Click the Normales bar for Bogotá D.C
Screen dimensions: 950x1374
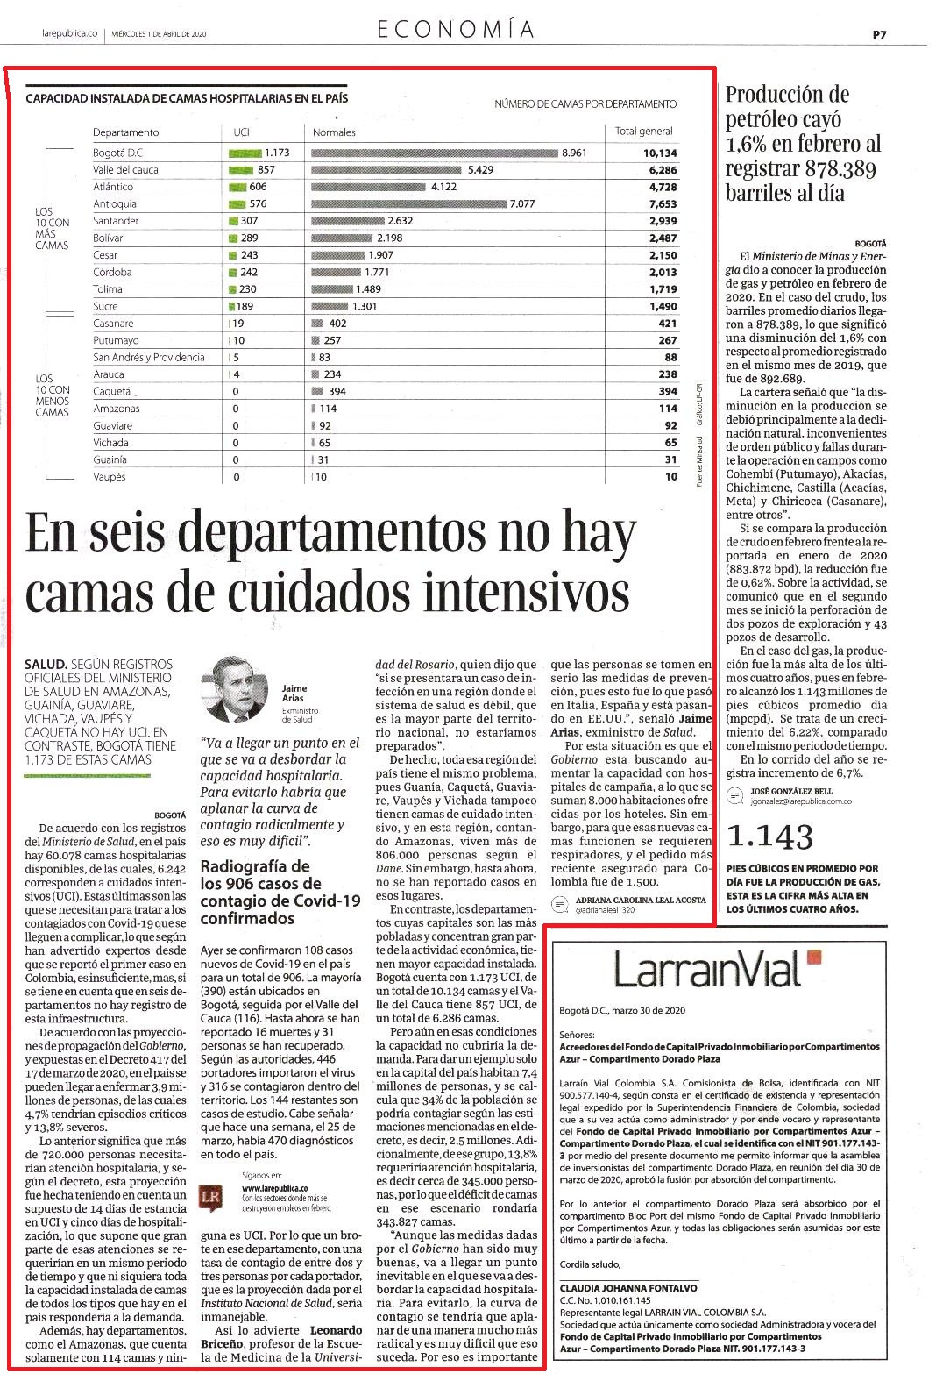point(435,153)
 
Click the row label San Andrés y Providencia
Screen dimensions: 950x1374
point(149,358)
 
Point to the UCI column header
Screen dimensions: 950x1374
point(242,132)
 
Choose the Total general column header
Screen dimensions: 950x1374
point(643,132)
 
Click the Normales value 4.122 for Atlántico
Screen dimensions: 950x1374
point(443,187)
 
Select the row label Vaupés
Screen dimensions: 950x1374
point(109,477)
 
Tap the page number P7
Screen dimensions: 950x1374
point(880,35)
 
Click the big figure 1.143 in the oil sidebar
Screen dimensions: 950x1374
point(769,837)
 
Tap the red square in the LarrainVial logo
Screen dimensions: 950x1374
point(814,958)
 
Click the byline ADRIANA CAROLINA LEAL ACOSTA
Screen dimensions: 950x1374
point(641,900)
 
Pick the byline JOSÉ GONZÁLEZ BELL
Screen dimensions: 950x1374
point(791,791)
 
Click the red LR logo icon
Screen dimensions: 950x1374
point(210,1198)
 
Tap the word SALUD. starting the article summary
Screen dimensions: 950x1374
point(46,665)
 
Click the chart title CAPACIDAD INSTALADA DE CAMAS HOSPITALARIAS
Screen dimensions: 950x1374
point(187,98)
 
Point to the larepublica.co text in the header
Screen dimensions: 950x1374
point(69,33)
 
